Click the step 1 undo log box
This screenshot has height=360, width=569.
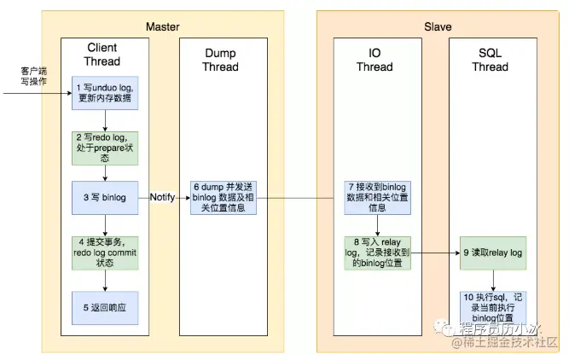[x=103, y=91]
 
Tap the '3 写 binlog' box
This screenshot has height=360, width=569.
[x=103, y=197]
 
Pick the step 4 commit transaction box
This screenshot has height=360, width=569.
[x=103, y=253]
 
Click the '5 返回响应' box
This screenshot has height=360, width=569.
[x=103, y=306]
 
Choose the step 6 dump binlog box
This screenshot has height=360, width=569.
[x=218, y=197]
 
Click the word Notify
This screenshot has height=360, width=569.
[x=162, y=197]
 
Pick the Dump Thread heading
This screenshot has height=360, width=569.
[x=219, y=60]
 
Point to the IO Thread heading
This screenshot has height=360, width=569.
[x=374, y=60]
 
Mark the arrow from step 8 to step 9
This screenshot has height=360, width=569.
[x=435, y=253]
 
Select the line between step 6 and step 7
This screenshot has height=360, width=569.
[x=294, y=198]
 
